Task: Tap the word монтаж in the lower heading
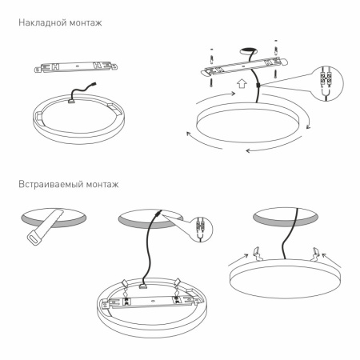point(103,185)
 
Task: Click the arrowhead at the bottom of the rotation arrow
point(249,150)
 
